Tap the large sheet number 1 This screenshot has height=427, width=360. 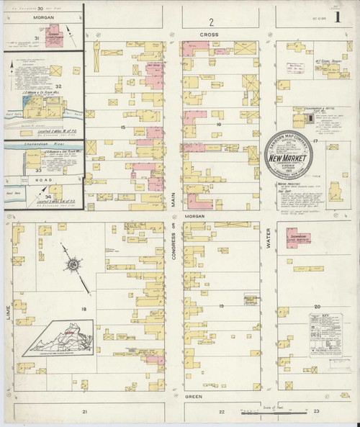click(x=340, y=14)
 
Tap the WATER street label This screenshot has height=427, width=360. click(x=269, y=236)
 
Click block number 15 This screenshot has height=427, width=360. click(x=124, y=127)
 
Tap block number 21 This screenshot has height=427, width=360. click(x=85, y=411)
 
